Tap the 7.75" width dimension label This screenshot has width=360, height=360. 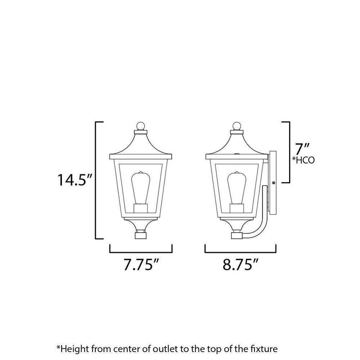(141, 265)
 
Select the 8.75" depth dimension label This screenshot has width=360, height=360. (240, 265)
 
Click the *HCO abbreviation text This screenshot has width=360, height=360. (303, 160)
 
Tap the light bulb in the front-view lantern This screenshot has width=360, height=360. (140, 188)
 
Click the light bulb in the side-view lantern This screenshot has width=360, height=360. (237, 188)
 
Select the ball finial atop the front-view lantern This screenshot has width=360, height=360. (140, 126)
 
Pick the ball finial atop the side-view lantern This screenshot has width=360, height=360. (237, 126)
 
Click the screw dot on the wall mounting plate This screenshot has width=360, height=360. (274, 183)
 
